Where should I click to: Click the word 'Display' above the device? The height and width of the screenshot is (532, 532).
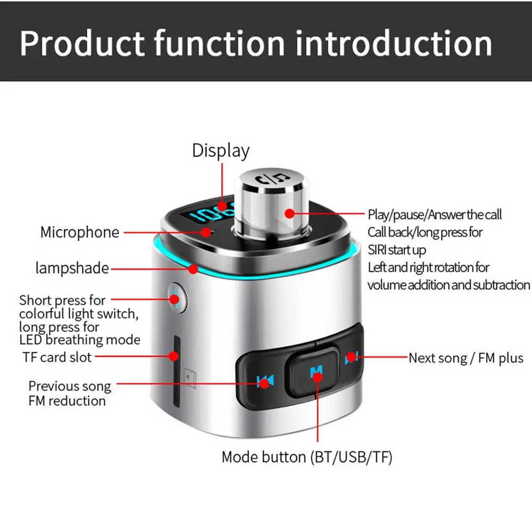(220, 151)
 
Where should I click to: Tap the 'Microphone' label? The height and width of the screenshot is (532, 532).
(80, 232)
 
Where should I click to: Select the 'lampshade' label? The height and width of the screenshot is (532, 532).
(72, 268)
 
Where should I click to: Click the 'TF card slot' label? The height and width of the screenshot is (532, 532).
(57, 357)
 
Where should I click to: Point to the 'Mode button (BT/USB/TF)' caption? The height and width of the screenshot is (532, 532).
(306, 457)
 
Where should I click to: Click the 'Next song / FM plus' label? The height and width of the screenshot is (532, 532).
(465, 358)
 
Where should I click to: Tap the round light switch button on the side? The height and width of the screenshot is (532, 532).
(174, 296)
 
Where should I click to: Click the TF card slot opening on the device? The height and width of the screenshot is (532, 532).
(174, 362)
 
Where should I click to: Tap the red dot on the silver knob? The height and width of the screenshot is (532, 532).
(289, 213)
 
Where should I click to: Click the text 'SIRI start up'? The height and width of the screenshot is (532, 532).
(397, 250)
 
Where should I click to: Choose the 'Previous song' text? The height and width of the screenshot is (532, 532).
(70, 386)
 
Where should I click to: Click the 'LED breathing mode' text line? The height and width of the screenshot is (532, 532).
(80, 340)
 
